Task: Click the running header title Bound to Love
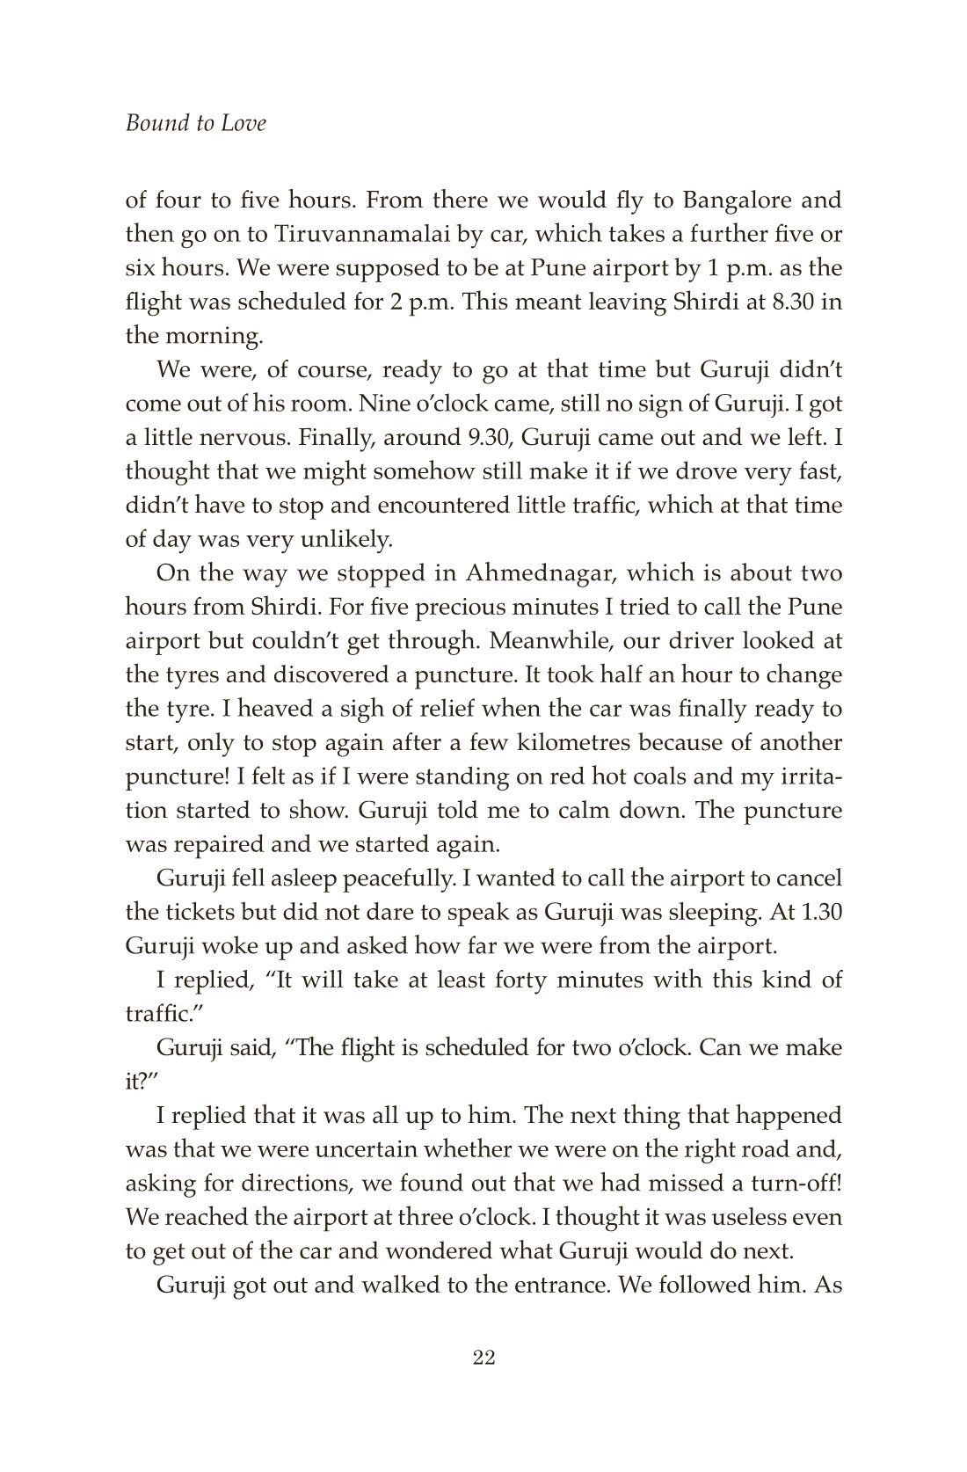[x=195, y=123]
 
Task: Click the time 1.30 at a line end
[x=823, y=913]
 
